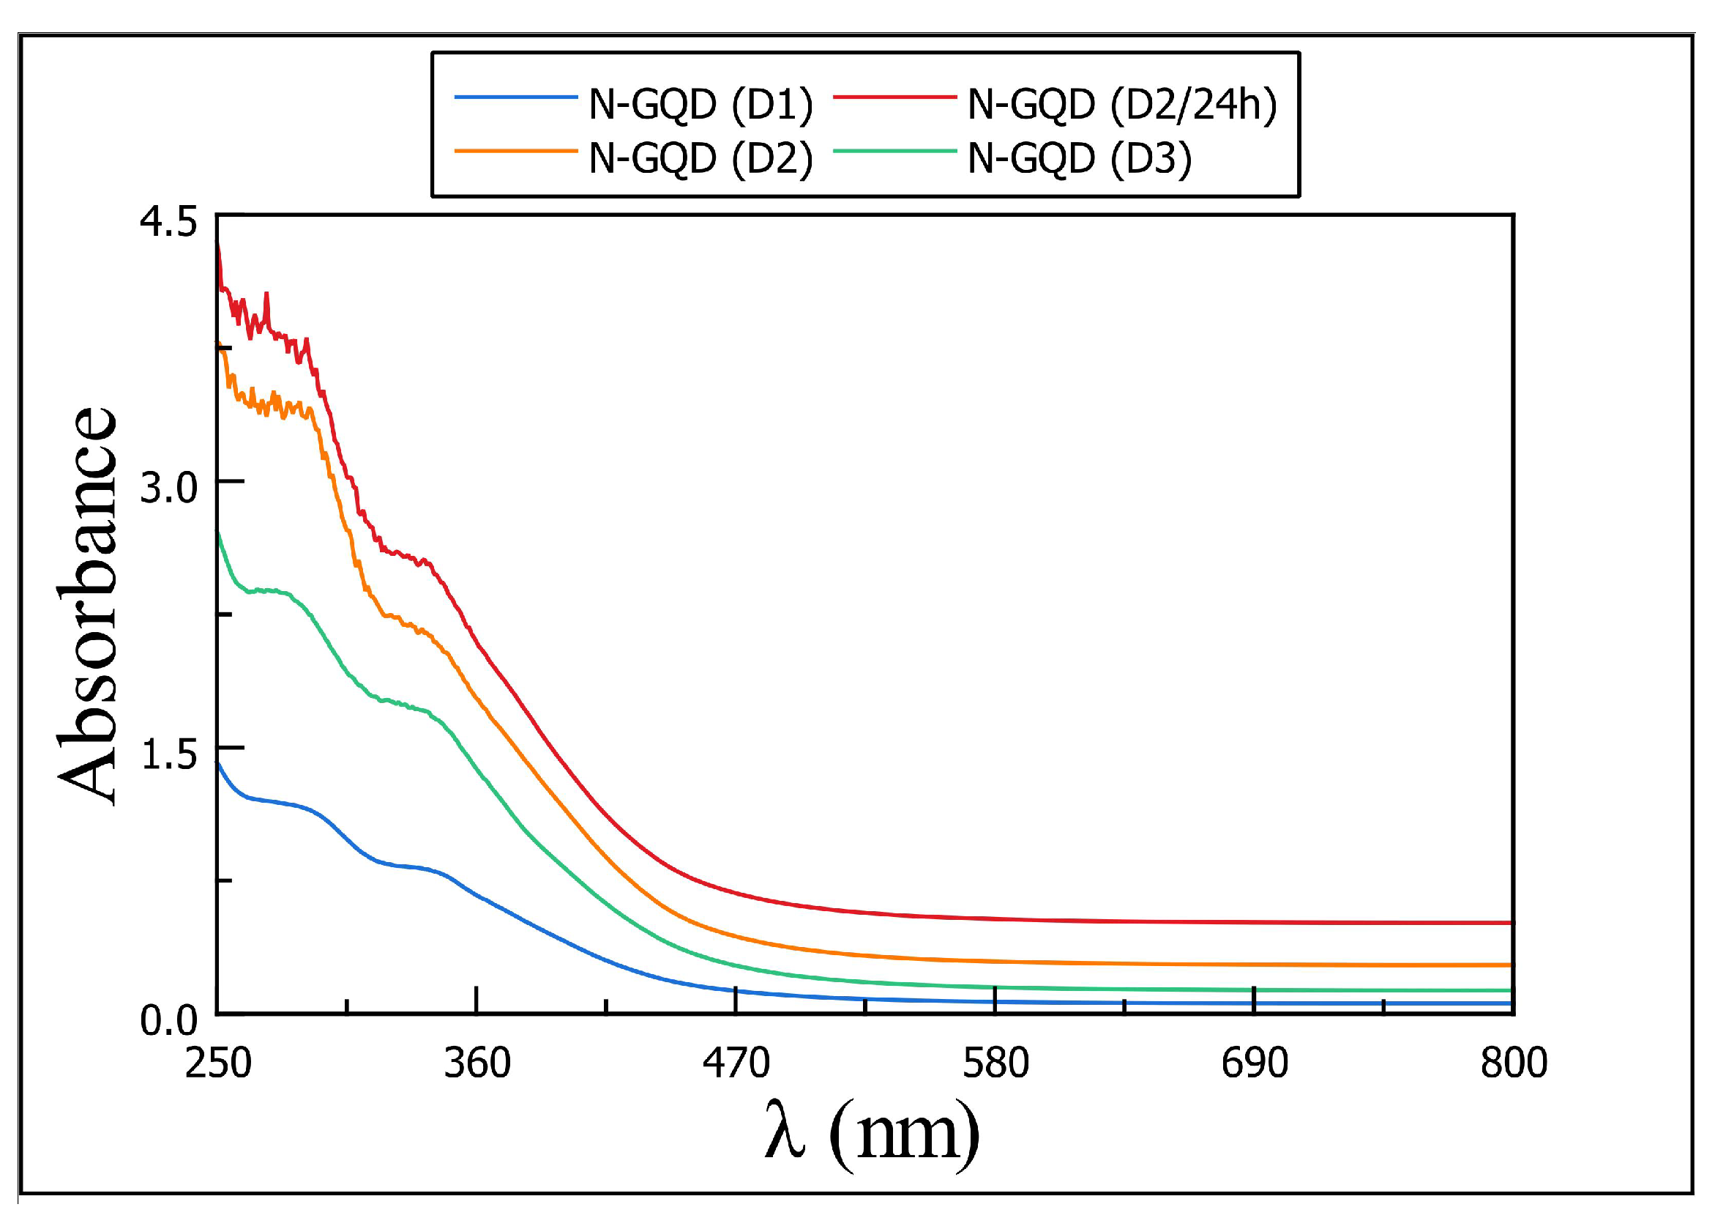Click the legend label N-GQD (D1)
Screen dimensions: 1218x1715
coord(700,104)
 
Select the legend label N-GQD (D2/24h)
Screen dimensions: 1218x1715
coord(1122,104)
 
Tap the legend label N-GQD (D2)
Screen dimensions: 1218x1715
coord(700,158)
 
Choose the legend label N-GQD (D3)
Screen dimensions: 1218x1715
coord(1080,158)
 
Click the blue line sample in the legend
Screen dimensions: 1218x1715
coord(516,97)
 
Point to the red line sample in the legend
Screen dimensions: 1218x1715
coord(895,97)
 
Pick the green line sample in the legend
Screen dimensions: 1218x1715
coord(895,151)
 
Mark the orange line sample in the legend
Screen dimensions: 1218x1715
coord(516,151)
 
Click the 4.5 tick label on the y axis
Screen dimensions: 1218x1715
coord(168,223)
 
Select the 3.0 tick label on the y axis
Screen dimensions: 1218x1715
coord(168,489)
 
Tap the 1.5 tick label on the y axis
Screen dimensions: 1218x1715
coord(168,754)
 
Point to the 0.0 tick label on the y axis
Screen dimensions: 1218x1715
coord(168,1021)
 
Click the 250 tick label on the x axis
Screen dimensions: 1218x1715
coord(218,1063)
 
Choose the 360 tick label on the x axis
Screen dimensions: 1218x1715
coord(477,1063)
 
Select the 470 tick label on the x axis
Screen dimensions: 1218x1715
coord(736,1063)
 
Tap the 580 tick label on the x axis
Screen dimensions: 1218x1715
coord(995,1063)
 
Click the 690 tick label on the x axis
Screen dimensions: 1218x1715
coord(1254,1063)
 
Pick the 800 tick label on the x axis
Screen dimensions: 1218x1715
coord(1514,1063)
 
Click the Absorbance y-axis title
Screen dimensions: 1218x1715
coord(88,606)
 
